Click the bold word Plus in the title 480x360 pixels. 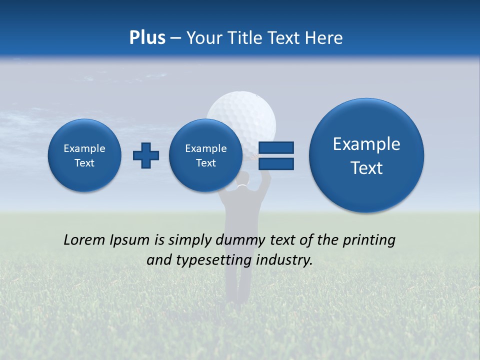147,38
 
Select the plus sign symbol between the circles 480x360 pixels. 146,155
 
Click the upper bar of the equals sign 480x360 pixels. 276,147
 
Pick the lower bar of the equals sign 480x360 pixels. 276,163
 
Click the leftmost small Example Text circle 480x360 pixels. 84,155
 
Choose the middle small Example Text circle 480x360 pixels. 206,155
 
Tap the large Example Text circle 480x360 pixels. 366,155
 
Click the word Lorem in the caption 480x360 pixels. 84,240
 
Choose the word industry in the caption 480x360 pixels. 284,260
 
